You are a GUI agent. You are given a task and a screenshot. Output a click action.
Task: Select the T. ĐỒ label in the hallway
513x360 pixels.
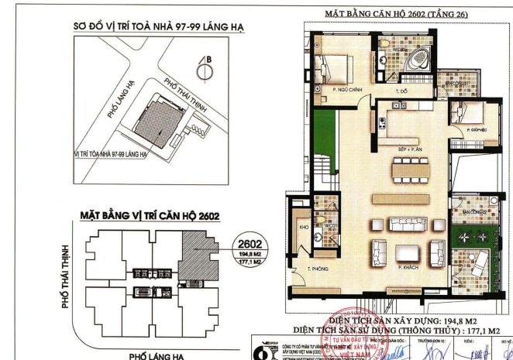point(401,91)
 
